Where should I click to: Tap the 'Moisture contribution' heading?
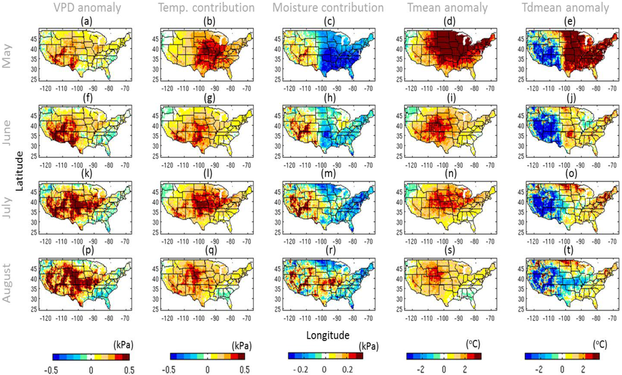pos(328,8)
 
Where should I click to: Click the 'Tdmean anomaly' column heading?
pos(566,8)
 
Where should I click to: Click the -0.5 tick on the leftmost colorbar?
pos(60,369)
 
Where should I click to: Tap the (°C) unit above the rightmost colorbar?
pos(600,344)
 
